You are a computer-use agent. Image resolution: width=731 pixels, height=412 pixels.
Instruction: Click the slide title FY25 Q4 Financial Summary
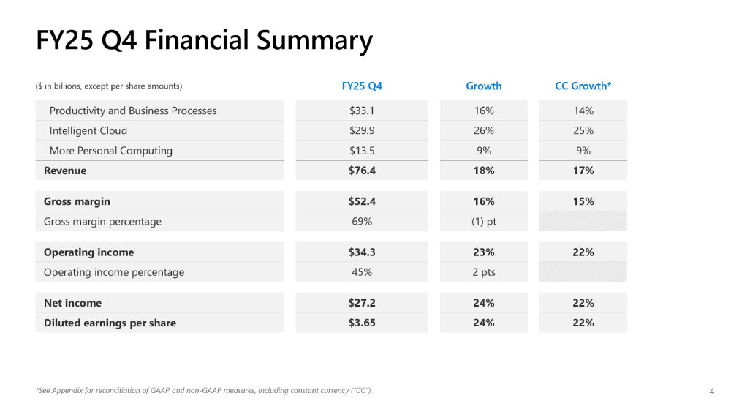[204, 40]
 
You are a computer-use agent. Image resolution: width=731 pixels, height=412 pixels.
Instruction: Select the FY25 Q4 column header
[362, 86]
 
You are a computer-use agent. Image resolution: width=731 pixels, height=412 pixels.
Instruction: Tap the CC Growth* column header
[583, 86]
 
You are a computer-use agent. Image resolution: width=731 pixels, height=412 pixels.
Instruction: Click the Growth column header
[484, 86]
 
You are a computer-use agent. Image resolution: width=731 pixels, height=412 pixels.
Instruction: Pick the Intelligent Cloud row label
[88, 130]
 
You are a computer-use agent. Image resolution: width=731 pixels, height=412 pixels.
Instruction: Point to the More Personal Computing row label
[111, 151]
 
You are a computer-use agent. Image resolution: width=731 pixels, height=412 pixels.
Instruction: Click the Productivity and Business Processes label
[133, 111]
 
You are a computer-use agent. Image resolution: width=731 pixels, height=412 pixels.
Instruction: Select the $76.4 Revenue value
[362, 171]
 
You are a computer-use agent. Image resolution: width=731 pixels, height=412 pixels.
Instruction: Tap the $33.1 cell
[362, 111]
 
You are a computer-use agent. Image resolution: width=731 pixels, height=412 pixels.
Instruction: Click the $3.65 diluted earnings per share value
[362, 323]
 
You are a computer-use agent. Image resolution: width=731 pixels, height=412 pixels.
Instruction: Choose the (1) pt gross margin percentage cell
[484, 221]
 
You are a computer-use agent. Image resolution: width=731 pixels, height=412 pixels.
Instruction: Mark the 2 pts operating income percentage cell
[484, 272]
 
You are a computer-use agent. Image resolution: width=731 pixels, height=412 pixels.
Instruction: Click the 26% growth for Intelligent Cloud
[484, 130]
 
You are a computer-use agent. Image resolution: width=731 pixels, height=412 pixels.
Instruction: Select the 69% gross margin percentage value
[362, 221]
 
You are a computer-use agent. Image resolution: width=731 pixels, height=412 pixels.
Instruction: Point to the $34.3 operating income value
[362, 252]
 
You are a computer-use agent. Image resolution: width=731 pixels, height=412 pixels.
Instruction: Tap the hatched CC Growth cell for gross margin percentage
[583, 221]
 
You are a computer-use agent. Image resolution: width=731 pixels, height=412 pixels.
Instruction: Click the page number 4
[712, 392]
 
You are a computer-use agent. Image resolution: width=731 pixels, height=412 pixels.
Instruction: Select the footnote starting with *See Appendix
[204, 391]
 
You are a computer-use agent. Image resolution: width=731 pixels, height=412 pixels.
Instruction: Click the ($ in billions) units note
[109, 86]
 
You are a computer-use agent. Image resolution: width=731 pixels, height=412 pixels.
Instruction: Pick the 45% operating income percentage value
[362, 272]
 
